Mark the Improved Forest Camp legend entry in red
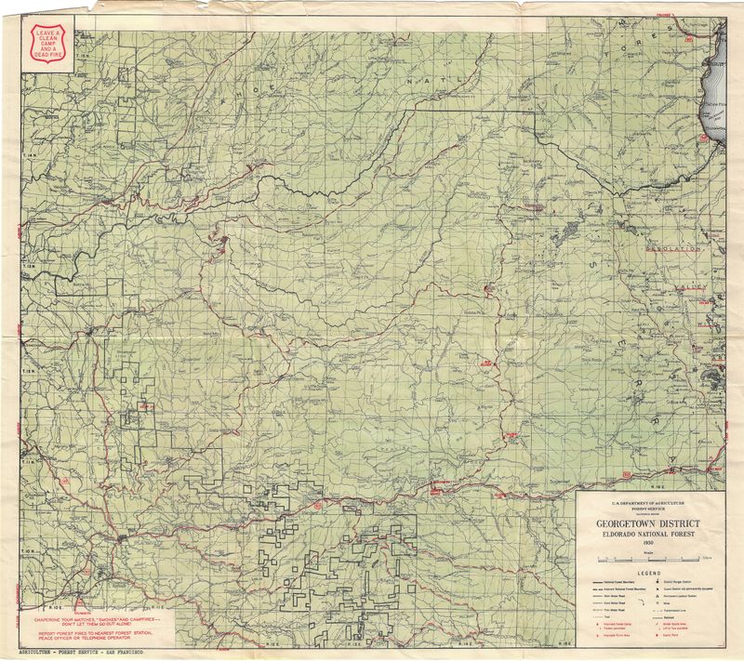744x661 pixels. tap(614, 623)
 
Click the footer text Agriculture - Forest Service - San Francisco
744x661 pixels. tap(87, 654)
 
